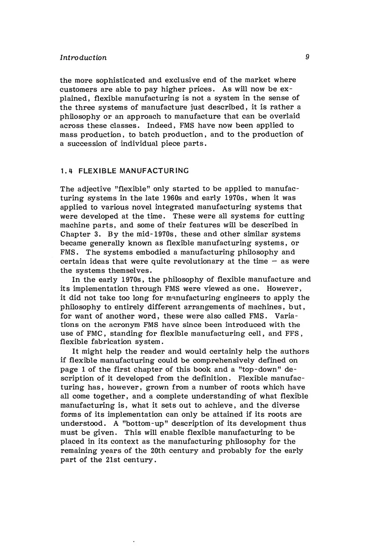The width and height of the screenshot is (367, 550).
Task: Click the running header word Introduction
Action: coord(83,58)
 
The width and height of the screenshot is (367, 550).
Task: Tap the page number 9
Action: coord(308,57)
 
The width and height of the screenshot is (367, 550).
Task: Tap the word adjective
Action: coord(94,189)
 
